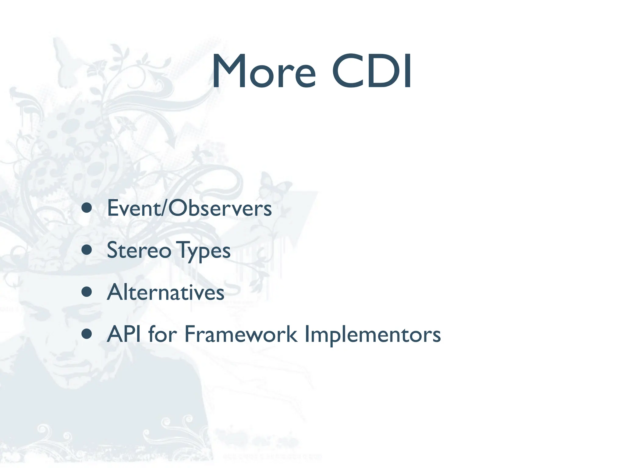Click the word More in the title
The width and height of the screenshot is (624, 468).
click(264, 72)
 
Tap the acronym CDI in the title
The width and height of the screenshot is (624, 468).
click(372, 72)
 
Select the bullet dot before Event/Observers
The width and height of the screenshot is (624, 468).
click(87, 208)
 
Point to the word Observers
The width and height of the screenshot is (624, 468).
click(220, 208)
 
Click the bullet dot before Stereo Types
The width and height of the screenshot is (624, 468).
click(87, 250)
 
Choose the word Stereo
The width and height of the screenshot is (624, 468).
click(139, 250)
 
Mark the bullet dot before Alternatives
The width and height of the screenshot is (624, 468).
click(87, 292)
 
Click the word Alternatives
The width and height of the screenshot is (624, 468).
click(166, 292)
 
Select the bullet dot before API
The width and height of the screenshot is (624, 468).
click(87, 334)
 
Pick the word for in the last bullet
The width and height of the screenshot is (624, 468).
click(162, 334)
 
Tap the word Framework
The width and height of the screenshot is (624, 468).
click(241, 334)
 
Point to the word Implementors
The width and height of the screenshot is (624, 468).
click(372, 335)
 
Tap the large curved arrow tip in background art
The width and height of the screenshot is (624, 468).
click(172, 143)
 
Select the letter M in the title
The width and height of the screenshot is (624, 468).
click(229, 72)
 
